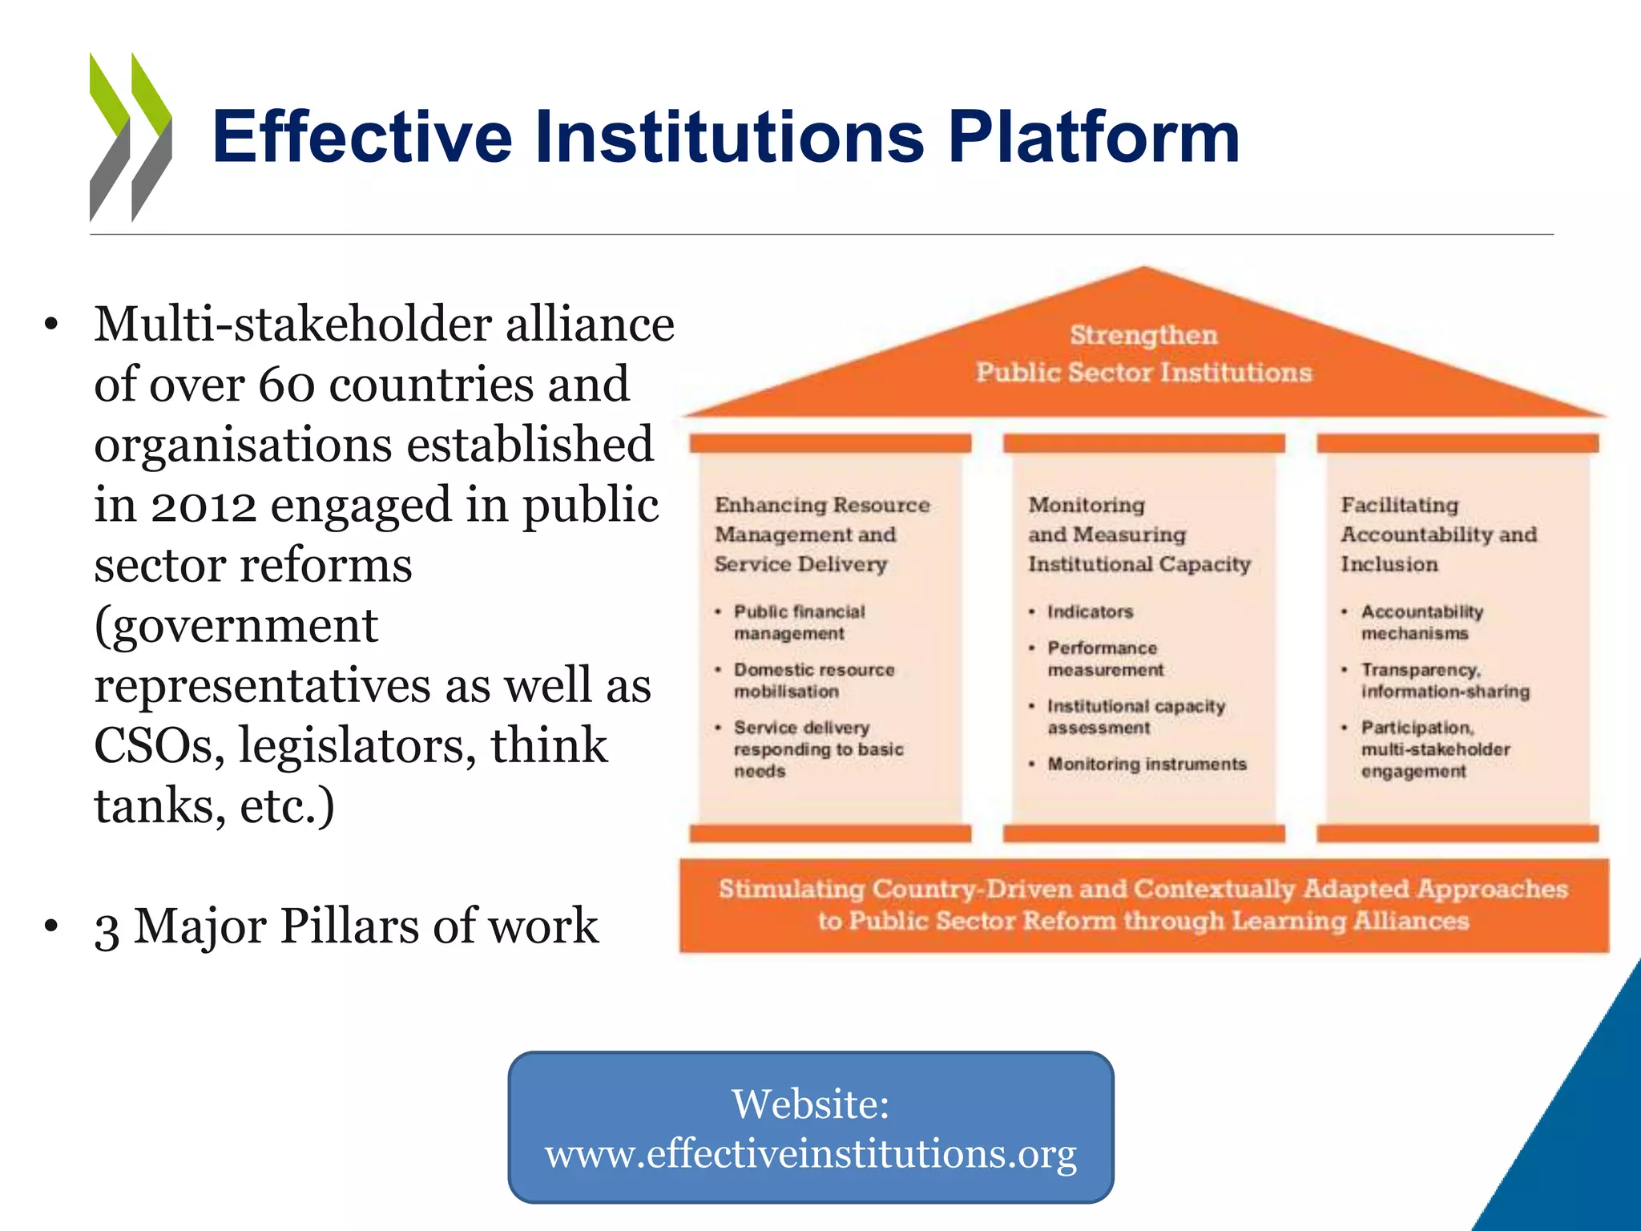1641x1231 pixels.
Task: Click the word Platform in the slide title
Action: click(1094, 138)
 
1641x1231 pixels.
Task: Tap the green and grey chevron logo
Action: click(131, 137)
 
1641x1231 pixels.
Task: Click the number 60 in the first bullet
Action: click(288, 385)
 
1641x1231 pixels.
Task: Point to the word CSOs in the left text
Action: click(159, 746)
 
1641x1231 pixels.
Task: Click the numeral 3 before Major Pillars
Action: click(107, 928)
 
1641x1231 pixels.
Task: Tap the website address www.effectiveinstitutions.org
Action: click(810, 1154)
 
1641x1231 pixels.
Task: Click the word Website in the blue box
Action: click(810, 1104)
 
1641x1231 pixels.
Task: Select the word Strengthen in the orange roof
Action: click(1143, 335)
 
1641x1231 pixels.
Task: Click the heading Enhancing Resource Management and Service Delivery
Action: click(821, 535)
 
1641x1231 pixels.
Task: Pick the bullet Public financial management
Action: click(799, 623)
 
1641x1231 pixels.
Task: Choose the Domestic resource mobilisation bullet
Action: click(813, 680)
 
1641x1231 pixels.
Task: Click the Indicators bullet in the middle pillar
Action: click(1090, 612)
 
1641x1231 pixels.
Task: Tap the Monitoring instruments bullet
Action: click(1147, 765)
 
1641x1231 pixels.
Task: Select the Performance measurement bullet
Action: click(1105, 659)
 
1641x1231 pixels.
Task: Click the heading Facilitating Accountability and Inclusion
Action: click(1438, 535)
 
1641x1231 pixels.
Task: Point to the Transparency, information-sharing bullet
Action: click(1445, 680)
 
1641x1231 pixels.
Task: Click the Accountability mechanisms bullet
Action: click(1421, 623)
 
